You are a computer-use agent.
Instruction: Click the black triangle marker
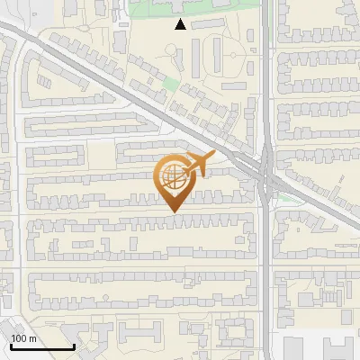point(181,25)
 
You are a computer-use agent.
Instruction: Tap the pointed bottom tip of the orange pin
point(173,211)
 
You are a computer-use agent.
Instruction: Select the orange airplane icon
point(199,164)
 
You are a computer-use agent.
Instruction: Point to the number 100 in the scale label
point(19,338)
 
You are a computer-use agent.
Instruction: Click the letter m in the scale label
point(32,338)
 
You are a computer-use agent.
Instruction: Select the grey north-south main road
point(265,270)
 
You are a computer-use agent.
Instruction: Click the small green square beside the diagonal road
point(169,85)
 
